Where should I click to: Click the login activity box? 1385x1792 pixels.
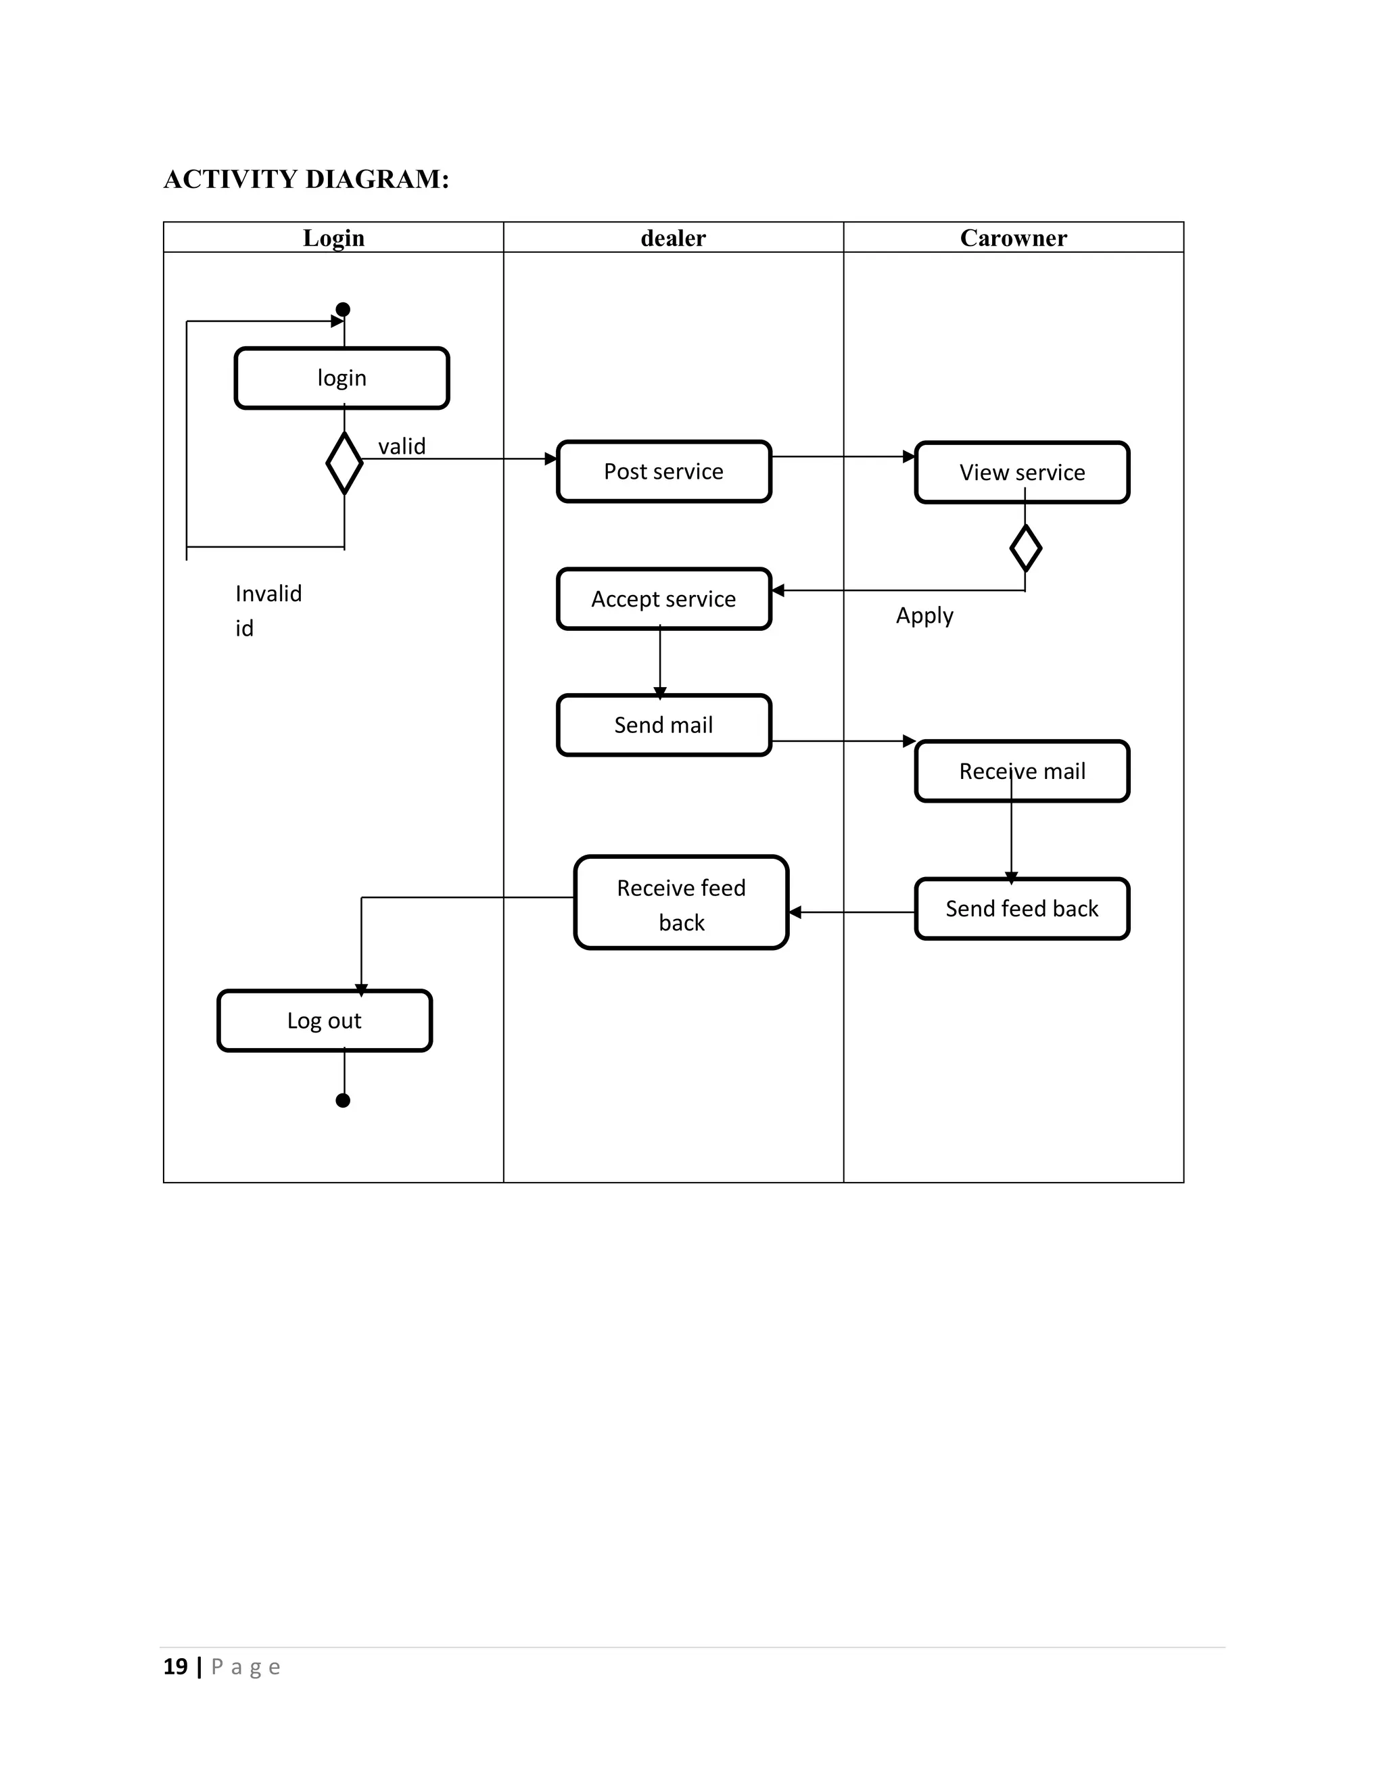coord(342,378)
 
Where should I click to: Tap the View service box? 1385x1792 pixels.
coord(1022,473)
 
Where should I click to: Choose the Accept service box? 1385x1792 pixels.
coord(664,599)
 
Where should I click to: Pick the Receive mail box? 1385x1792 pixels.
coord(1022,772)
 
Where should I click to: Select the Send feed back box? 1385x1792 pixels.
coord(1022,909)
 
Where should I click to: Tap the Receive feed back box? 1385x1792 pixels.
coord(681,903)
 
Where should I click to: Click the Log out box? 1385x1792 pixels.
coord(324,1020)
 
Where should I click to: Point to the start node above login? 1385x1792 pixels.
coord(343,309)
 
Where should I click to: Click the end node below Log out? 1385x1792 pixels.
coord(343,1100)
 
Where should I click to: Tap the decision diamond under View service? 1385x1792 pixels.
coord(1026,548)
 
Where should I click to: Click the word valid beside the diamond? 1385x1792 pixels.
coord(401,446)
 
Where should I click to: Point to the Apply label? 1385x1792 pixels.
coord(924,615)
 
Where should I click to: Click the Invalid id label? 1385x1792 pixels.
coord(268,611)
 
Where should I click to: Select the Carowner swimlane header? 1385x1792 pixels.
coord(1013,238)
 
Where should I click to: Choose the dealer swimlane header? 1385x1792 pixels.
coord(673,238)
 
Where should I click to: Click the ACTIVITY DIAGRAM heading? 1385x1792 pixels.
coord(306,179)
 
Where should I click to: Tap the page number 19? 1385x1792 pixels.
coord(176,1666)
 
